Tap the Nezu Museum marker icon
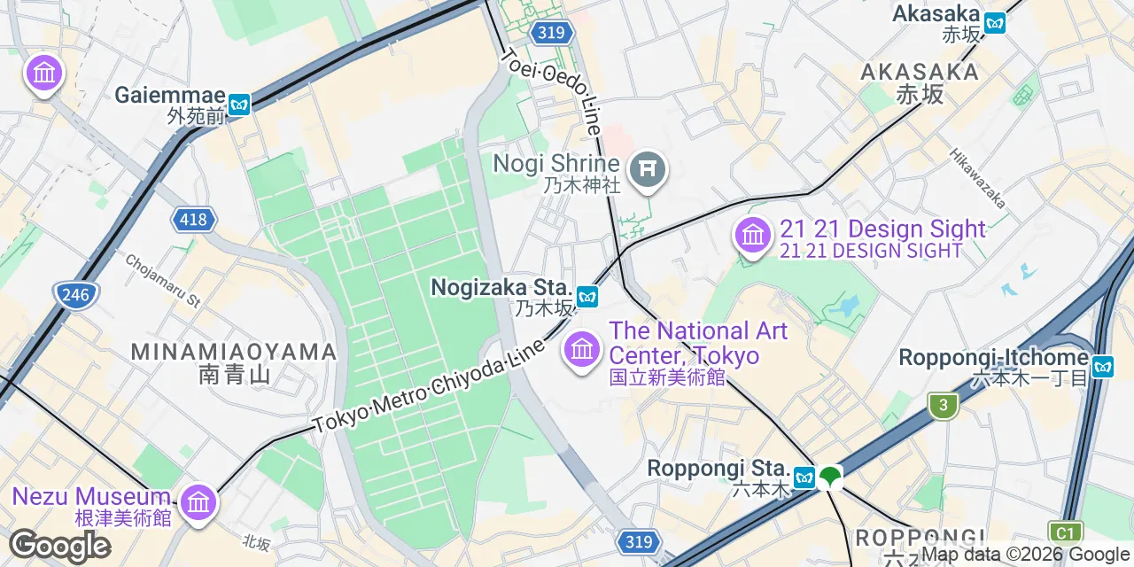(198, 502)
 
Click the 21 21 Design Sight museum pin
(753, 235)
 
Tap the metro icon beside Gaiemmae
(239, 105)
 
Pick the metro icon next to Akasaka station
(995, 23)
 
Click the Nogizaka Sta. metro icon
(586, 297)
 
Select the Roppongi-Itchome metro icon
(1102, 366)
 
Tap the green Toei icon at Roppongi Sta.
(830, 477)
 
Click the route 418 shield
(194, 220)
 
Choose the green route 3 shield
(944, 407)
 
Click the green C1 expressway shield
(1065, 533)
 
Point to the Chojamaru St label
(163, 279)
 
